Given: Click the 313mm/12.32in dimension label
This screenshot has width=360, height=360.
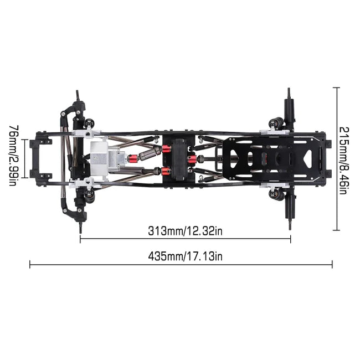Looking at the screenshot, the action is click(x=186, y=231).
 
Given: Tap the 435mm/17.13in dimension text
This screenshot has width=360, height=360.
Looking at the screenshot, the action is click(x=186, y=256).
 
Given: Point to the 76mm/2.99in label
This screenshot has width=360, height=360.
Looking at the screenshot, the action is click(x=14, y=156).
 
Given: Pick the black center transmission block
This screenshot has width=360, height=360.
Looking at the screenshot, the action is click(x=179, y=158).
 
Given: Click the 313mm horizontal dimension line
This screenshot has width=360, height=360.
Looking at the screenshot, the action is click(x=186, y=239).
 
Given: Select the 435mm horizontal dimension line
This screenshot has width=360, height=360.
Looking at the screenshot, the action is click(x=181, y=265).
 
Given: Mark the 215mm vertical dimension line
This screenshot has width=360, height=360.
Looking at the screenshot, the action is click(x=336, y=158).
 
